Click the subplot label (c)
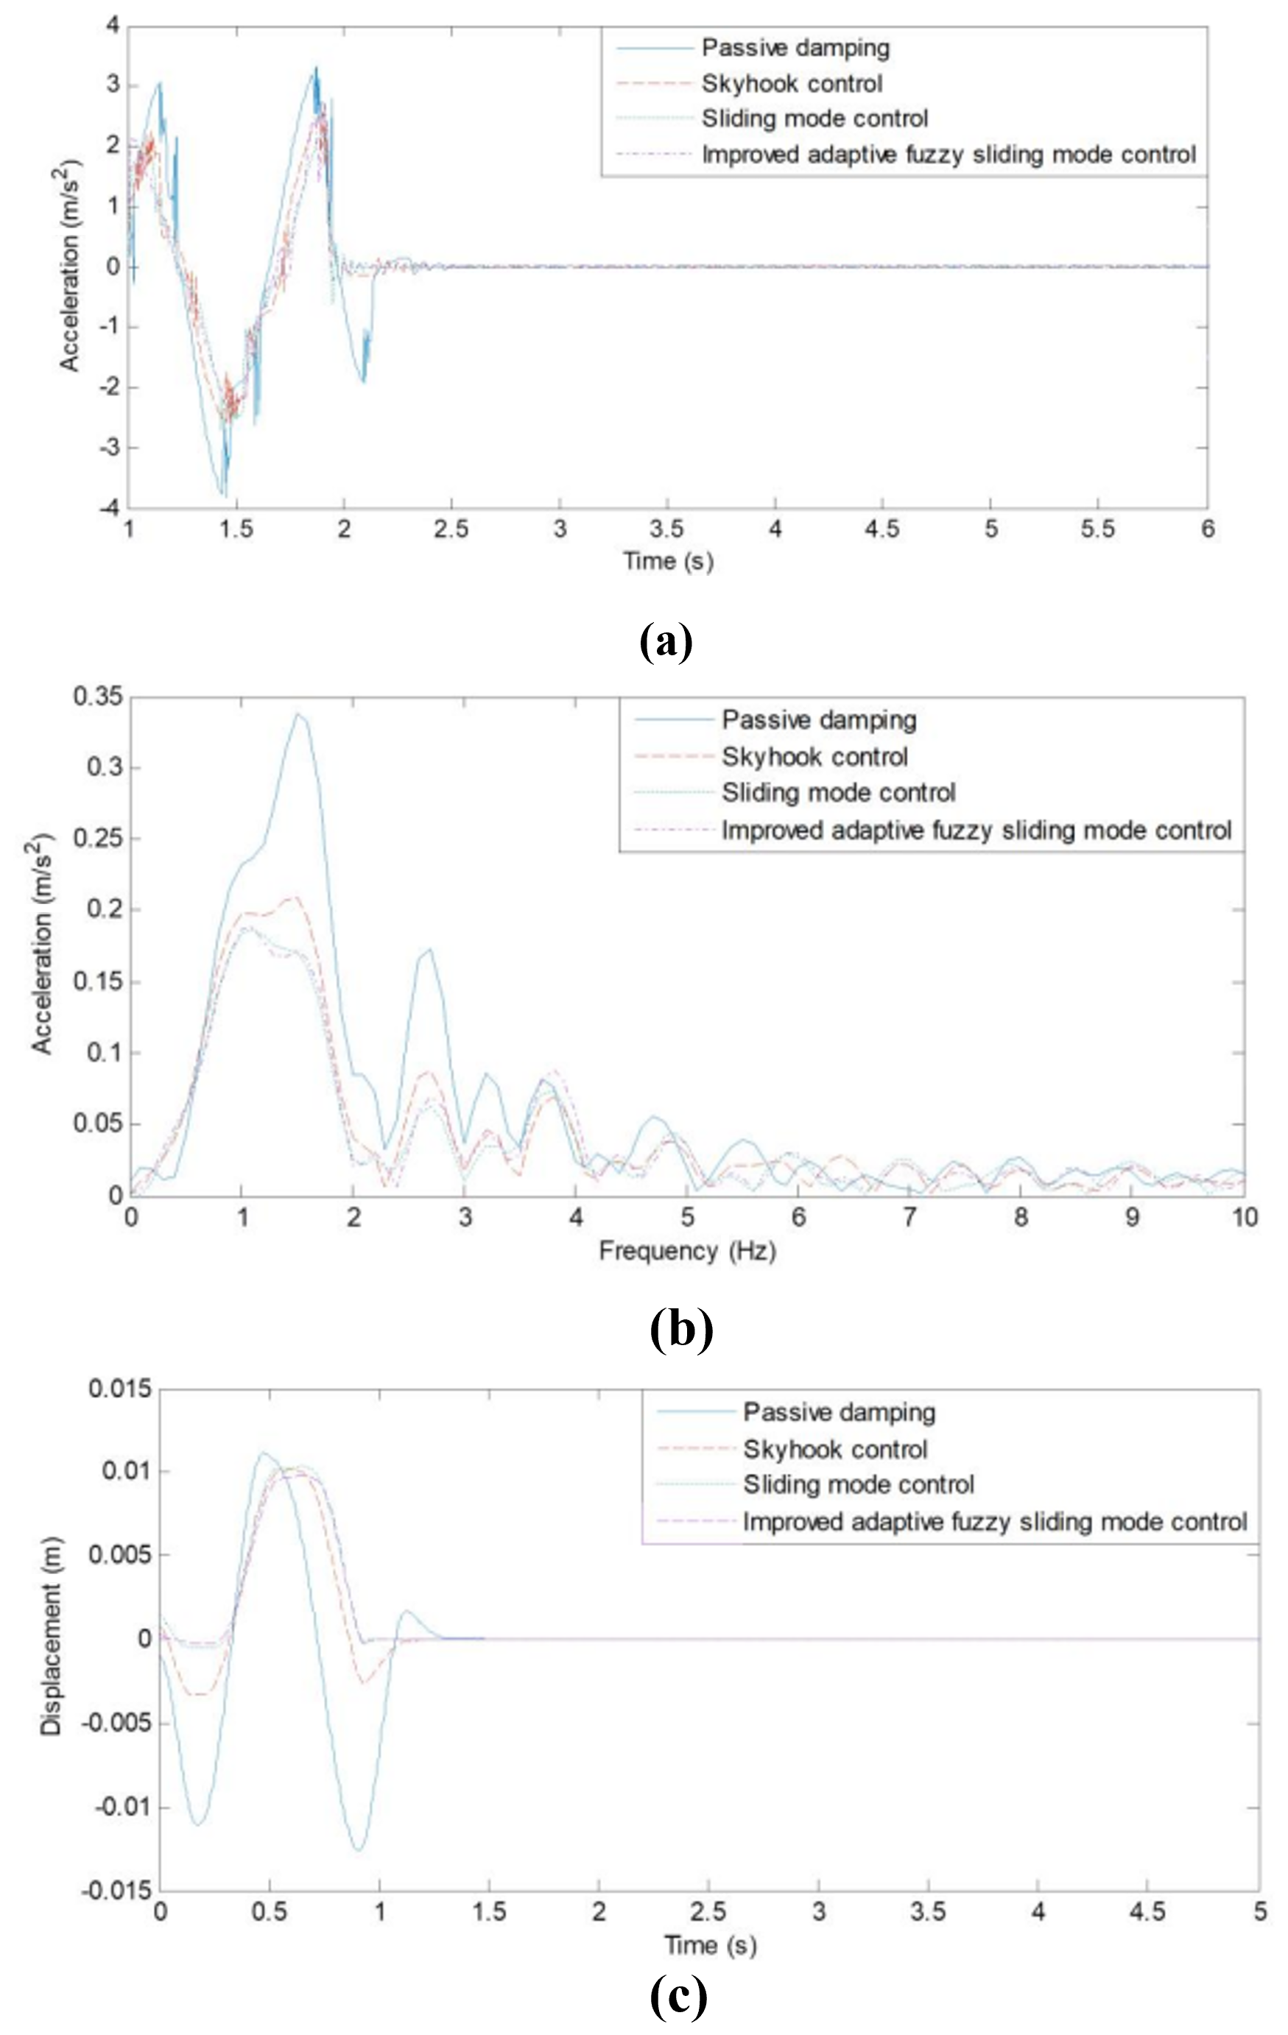[x=679, y=1997]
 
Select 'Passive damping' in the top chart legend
[x=795, y=48]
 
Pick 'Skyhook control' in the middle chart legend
[x=814, y=756]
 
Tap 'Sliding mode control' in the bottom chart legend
[x=859, y=1485]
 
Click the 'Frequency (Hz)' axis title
[x=687, y=1250]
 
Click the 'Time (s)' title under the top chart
[x=668, y=560]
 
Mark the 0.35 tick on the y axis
[x=98, y=697]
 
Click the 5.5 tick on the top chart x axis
[x=1098, y=530]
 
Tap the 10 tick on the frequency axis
[x=1244, y=1218]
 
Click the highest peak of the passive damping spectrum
[x=298, y=714]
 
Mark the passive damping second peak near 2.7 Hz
[x=430, y=949]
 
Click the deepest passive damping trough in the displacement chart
[x=359, y=1851]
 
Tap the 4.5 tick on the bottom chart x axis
[x=1147, y=1911]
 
